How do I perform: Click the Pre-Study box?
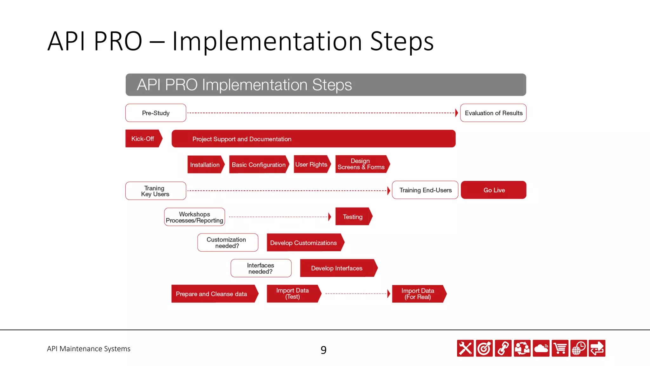[156, 113]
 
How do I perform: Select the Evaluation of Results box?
[493, 113]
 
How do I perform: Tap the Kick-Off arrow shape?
[143, 139]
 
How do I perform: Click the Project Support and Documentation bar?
[313, 139]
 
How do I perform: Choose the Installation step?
[205, 165]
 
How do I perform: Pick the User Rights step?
[311, 164]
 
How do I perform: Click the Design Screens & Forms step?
[361, 164]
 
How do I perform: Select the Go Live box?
[494, 190]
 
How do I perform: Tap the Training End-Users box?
[425, 190]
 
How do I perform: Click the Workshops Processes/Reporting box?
[195, 217]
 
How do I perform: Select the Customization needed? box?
[228, 243]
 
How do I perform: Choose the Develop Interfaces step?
[337, 268]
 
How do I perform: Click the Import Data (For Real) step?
[418, 294]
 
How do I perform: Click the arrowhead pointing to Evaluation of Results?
[456, 113]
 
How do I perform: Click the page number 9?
[323, 350]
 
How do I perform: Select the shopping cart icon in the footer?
[560, 349]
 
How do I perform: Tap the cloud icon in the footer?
[541, 349]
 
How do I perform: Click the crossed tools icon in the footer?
[465, 349]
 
